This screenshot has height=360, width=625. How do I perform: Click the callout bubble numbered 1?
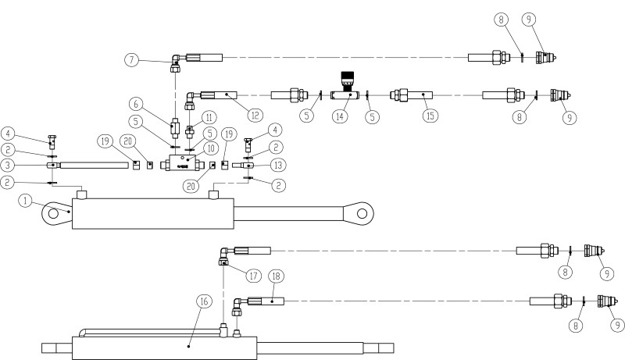25,201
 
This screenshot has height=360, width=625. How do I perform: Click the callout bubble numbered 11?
209,117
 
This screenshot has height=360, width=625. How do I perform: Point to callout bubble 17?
253,275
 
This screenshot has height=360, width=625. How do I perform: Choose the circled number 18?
276,276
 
